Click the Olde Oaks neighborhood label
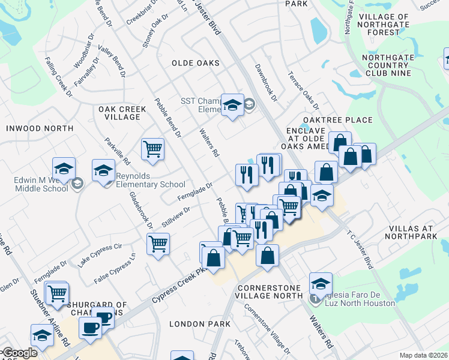pyautogui.click(x=195, y=63)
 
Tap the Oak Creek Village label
pyautogui.click(x=119, y=112)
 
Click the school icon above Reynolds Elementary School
pyautogui.click(x=104, y=170)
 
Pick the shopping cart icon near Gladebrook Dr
pyautogui.click(x=158, y=244)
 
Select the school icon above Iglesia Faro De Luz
pyautogui.click(x=321, y=283)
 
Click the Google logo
pyautogui.click(x=20, y=353)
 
